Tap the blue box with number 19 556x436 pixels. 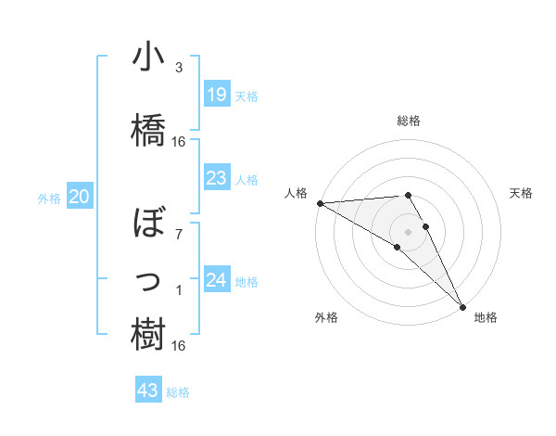(216, 95)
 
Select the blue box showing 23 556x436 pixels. (216, 178)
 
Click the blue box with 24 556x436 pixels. (216, 280)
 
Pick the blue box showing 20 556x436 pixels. (79, 197)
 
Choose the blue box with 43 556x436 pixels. (147, 391)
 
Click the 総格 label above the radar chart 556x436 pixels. (408, 121)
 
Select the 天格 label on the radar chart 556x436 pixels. (521, 193)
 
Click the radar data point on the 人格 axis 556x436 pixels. (320, 203)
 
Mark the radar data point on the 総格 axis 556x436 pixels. (408, 195)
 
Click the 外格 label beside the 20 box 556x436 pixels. (49, 198)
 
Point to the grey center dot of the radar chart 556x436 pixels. (408, 230)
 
